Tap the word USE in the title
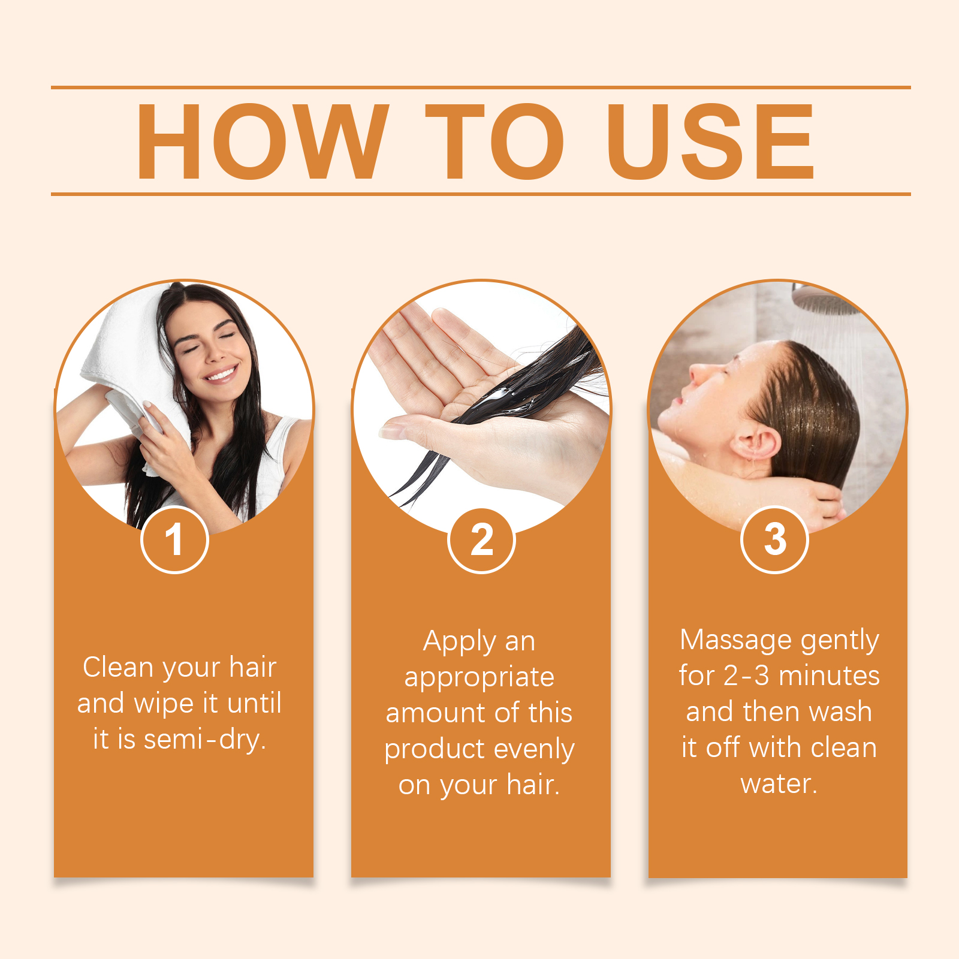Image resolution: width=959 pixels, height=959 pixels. coord(710,141)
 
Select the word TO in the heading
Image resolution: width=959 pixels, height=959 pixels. coord(494,141)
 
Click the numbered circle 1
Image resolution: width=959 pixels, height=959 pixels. coord(174,539)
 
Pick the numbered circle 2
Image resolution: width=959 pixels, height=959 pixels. coord(481,540)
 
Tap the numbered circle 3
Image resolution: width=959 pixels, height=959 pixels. coord(775,539)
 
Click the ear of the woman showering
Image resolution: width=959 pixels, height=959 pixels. coord(756,443)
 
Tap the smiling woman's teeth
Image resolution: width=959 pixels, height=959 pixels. coord(221,375)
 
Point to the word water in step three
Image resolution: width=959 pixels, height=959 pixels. coord(779,784)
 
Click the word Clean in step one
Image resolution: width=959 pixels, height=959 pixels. coord(119,667)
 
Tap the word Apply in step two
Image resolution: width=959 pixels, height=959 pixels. coord(460,642)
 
